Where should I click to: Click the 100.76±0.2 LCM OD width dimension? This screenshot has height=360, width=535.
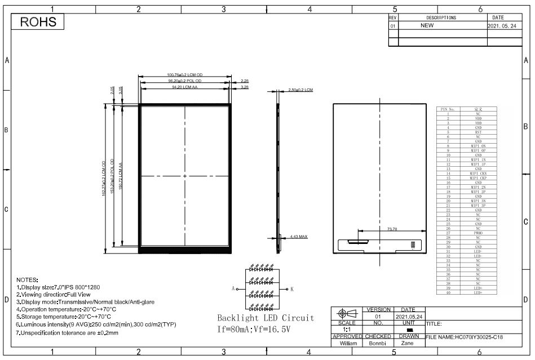pyautogui.click(x=185, y=75)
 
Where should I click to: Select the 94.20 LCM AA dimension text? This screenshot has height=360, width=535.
pyautogui.click(x=185, y=87)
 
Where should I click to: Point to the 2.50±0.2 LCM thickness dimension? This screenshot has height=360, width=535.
pyautogui.click(x=300, y=90)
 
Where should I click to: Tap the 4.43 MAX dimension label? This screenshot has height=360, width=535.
pyautogui.click(x=299, y=236)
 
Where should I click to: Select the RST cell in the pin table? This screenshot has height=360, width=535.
pyautogui.click(x=478, y=132)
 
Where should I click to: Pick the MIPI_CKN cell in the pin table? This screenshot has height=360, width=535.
pyautogui.click(x=478, y=173)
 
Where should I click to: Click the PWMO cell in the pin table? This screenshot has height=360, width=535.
pyautogui.click(x=478, y=232)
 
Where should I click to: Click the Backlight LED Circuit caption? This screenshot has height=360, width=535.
pyautogui.click(x=265, y=318)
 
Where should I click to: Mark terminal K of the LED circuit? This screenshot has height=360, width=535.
pyautogui.click(x=291, y=288)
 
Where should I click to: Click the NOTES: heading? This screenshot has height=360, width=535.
pyautogui.click(x=27, y=279)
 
